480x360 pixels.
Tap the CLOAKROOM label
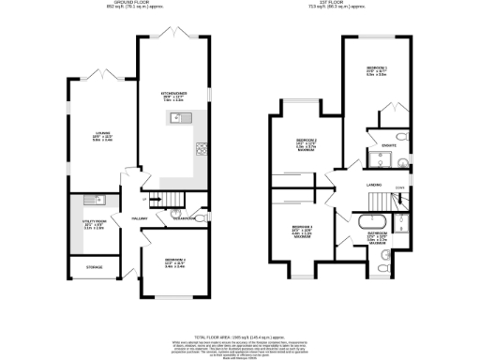click(x=184, y=219)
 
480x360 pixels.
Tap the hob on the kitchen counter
click(x=201, y=147)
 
